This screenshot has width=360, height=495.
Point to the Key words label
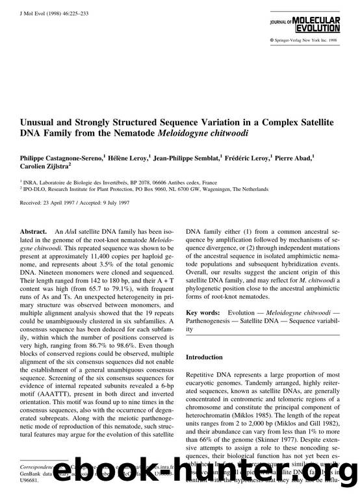point(201,312)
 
